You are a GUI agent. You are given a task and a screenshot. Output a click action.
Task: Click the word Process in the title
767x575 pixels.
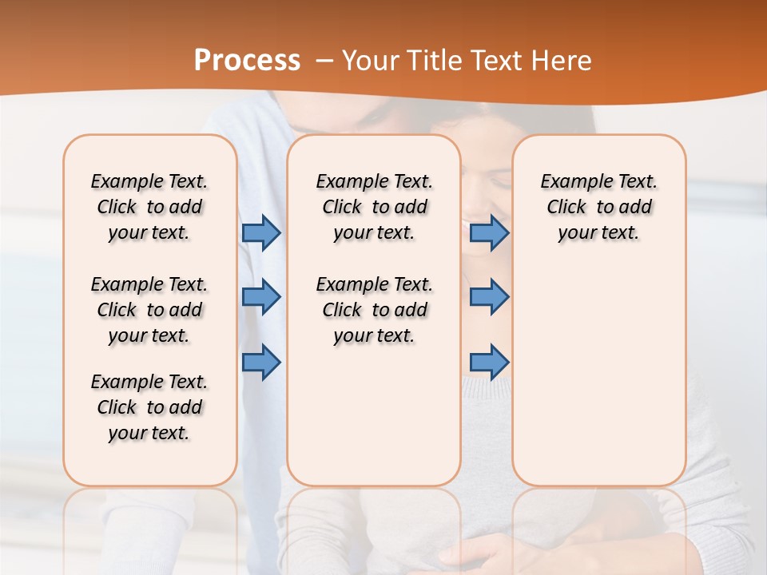(247, 61)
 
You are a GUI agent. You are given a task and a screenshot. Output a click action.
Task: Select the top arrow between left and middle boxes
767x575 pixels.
(261, 233)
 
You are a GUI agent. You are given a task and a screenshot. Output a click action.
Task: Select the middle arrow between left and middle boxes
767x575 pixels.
(261, 297)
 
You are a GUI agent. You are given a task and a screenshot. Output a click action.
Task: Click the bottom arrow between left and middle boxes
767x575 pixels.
(261, 362)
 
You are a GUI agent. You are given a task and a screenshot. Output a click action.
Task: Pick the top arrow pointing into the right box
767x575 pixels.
(489, 233)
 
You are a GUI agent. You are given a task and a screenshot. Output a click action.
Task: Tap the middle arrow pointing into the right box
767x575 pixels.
(489, 297)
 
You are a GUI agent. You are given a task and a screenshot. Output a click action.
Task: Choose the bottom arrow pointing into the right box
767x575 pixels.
(489, 362)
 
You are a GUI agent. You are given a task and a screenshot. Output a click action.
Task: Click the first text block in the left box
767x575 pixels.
(149, 207)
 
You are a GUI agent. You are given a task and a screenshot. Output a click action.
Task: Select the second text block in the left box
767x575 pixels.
(149, 310)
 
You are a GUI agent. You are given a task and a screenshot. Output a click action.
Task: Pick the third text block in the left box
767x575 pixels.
(149, 407)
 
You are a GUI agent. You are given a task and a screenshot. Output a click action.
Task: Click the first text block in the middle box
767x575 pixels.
(374, 207)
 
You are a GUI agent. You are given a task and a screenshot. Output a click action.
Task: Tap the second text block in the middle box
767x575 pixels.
(374, 310)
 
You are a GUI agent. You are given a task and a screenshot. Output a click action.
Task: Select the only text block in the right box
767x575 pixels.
(598, 207)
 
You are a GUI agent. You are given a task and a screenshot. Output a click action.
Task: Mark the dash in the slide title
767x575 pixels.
(324, 61)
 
